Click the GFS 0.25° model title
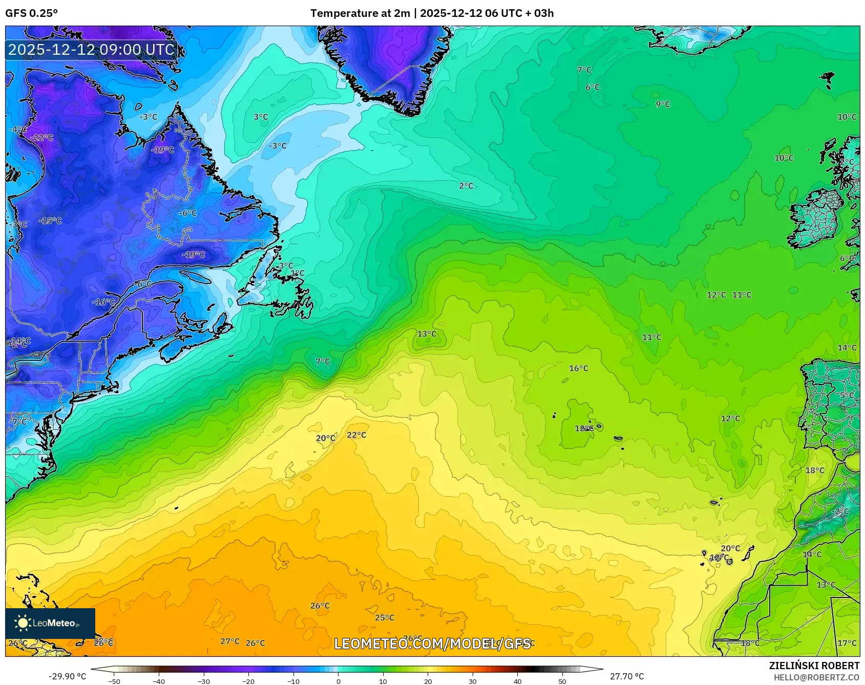point(31,13)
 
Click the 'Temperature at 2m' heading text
point(360,13)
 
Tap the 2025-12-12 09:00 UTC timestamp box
point(91,50)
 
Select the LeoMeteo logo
point(50,623)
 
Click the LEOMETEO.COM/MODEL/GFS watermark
point(432,644)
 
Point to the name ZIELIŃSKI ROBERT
point(814,666)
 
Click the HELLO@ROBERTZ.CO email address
point(816,677)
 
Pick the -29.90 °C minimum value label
point(67,676)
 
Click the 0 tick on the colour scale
point(338,681)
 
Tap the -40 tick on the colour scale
point(159,681)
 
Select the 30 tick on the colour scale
point(472,681)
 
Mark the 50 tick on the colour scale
point(562,681)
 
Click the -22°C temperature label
point(41,137)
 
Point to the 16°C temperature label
point(578,368)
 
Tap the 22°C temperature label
point(356,435)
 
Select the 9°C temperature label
point(663,104)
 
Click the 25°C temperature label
point(384,617)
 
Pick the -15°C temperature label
point(50,221)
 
